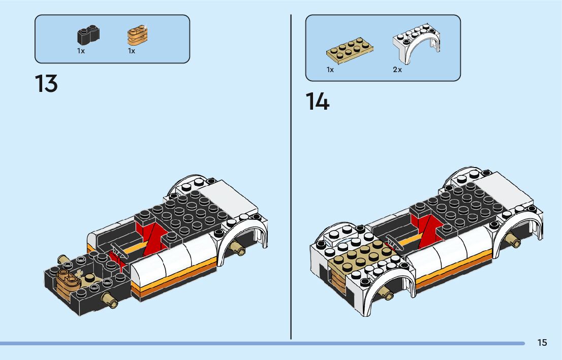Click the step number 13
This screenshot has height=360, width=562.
point(46,83)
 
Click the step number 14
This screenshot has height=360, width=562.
point(318,102)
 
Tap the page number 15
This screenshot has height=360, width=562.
point(542,343)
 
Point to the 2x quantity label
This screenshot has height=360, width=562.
point(397,70)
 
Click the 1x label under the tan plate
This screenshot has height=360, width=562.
point(330,70)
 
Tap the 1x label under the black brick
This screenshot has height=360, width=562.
point(81,51)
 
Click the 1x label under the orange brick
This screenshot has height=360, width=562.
point(132,51)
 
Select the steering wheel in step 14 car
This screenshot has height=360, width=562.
point(394,242)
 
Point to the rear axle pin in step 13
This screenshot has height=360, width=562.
point(239,248)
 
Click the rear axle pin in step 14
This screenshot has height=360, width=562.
point(513,241)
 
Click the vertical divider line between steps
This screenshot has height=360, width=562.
point(291,178)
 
